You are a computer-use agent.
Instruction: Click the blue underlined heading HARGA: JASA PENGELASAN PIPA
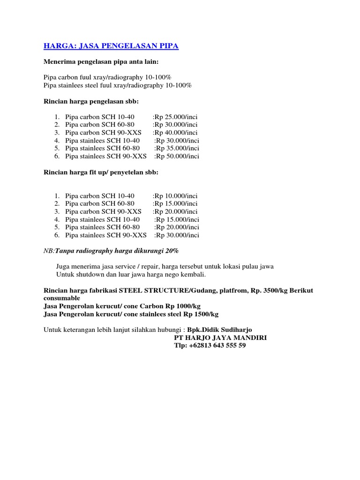[x=111, y=46]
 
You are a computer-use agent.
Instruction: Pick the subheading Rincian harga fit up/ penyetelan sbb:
[x=101, y=172]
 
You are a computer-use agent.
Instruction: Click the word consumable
[x=62, y=298]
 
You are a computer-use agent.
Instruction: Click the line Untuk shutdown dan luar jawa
[x=131, y=274]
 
